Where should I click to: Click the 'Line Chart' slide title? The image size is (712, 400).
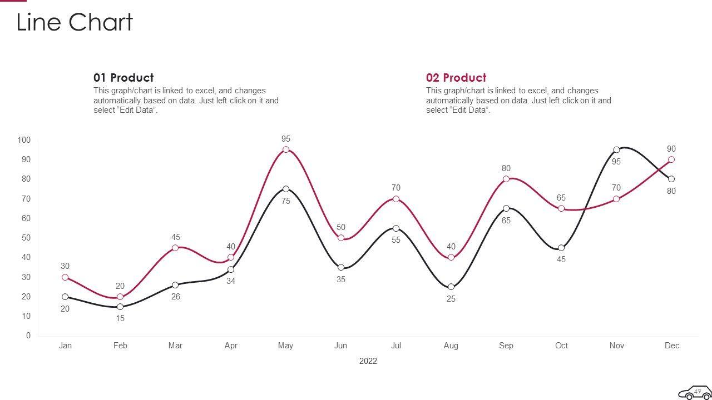click(75, 23)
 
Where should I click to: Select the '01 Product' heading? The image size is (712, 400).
click(123, 78)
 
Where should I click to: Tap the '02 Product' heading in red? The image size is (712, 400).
click(456, 78)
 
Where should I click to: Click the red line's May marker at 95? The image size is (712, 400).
click(286, 149)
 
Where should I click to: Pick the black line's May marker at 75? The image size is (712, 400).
click(286, 189)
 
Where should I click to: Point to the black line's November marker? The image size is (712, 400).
click(616, 150)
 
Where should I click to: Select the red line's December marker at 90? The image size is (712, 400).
click(671, 159)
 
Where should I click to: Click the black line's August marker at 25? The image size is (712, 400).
click(451, 287)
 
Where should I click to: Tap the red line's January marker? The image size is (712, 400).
click(65, 277)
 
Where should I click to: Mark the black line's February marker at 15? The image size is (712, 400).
click(120, 307)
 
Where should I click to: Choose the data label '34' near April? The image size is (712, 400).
click(231, 281)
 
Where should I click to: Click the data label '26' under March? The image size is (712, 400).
click(176, 297)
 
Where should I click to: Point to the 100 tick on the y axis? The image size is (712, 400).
click(24, 140)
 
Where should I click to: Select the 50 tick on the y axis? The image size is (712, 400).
click(26, 238)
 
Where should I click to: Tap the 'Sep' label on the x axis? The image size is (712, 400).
click(506, 346)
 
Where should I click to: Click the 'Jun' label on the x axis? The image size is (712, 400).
click(340, 346)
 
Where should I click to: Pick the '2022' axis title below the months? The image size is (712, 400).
click(368, 361)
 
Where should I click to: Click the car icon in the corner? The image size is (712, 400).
click(695, 392)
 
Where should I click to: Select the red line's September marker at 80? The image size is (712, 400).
click(506, 179)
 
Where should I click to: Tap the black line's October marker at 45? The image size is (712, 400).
click(561, 248)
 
